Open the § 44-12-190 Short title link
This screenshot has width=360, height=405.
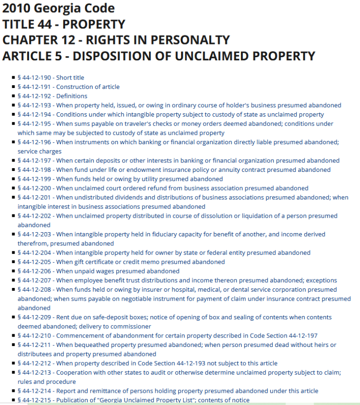click(51, 78)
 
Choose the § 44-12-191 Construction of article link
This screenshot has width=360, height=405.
click(68, 87)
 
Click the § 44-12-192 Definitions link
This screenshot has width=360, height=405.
click(52, 96)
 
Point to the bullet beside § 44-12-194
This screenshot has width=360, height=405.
click(14, 114)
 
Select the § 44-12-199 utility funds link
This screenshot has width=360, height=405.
click(120, 179)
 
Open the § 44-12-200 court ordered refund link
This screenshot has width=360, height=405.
click(163, 188)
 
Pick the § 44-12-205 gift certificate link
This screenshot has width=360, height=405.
click(121, 262)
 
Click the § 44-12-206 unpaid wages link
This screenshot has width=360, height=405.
click(98, 271)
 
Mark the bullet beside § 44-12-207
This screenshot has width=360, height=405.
click(14, 280)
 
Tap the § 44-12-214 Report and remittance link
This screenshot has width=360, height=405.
click(167, 391)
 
